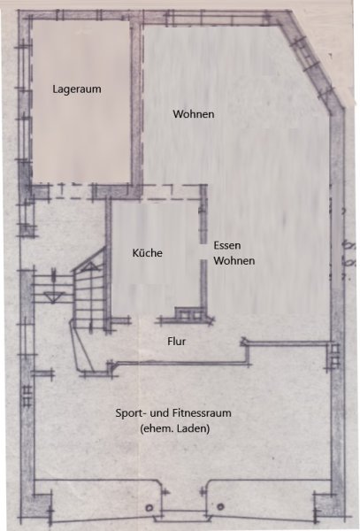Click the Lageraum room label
click(77, 89)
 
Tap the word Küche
click(147, 253)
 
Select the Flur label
click(176, 342)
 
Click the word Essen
click(227, 245)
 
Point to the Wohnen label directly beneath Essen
click(234, 261)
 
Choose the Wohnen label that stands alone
click(194, 114)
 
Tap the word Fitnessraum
click(202, 413)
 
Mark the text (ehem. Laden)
click(174, 428)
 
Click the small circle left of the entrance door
click(149, 508)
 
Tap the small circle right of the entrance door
click(220, 507)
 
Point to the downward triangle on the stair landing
click(54, 297)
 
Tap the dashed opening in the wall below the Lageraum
click(71, 191)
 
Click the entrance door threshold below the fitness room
click(184, 516)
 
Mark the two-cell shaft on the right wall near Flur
click(334, 357)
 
